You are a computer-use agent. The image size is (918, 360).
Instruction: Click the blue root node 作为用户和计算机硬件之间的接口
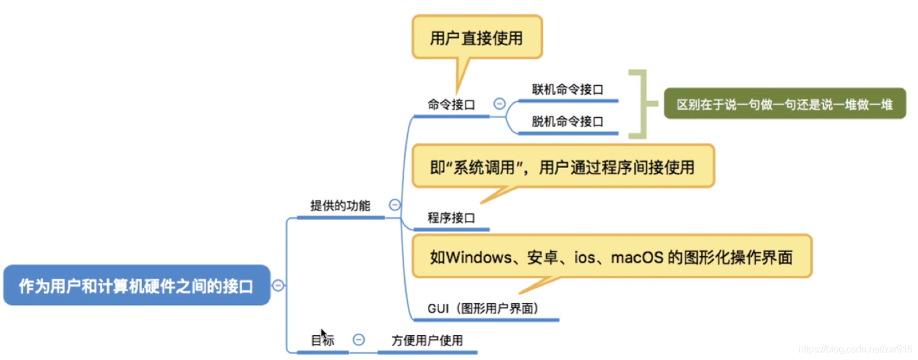click(x=136, y=285)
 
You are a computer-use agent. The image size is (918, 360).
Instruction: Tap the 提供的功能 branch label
click(x=340, y=206)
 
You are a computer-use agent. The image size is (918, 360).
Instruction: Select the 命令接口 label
click(x=451, y=105)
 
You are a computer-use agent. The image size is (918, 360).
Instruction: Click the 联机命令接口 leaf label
click(x=567, y=90)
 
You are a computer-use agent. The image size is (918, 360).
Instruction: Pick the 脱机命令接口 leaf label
click(x=567, y=122)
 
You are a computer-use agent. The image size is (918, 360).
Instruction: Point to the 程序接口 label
click(x=451, y=218)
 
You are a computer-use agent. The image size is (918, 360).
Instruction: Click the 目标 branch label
click(x=323, y=340)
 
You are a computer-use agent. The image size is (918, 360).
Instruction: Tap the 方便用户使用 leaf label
click(x=427, y=340)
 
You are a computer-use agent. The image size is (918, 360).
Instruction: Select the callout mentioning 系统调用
click(x=562, y=166)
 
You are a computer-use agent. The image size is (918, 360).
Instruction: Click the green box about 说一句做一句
click(x=784, y=104)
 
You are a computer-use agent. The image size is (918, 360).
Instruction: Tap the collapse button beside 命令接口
click(x=499, y=104)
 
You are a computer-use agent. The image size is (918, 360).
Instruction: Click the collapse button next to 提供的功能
click(x=395, y=205)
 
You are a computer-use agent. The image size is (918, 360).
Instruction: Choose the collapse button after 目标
click(x=359, y=340)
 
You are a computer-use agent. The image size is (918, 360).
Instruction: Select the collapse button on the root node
click(x=278, y=285)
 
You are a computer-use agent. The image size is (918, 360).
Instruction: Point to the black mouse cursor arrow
click(x=323, y=334)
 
